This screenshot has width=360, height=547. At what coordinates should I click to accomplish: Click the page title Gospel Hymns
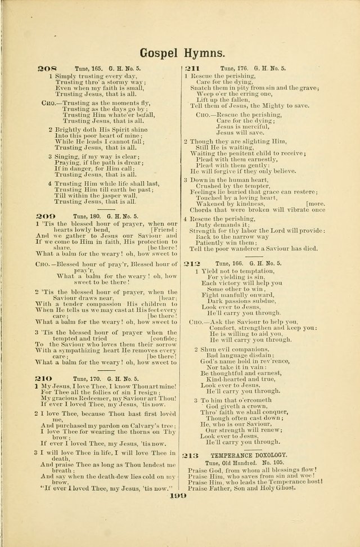(183, 53)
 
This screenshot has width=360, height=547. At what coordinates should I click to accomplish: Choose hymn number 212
(192, 263)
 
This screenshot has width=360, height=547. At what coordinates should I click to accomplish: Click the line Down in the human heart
(231, 180)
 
